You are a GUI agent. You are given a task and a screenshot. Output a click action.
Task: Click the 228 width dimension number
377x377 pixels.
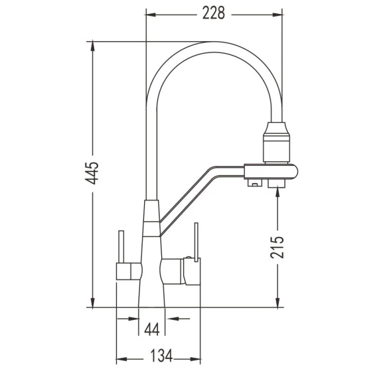[214, 13]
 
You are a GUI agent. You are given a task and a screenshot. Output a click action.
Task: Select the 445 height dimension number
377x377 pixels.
[92, 173]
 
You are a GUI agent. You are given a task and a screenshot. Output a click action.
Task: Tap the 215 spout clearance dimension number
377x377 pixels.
[277, 247]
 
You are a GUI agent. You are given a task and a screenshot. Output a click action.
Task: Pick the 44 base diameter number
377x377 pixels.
[152, 329]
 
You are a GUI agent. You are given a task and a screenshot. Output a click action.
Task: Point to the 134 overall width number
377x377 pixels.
[161, 356]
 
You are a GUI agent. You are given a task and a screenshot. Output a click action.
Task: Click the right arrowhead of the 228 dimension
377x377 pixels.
[277, 15]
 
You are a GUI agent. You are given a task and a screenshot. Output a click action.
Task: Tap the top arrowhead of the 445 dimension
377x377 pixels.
[92, 46]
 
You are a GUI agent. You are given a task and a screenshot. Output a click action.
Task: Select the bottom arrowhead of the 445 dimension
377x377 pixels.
[92, 303]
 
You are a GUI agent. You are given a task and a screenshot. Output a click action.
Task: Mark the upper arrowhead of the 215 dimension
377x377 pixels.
[277, 192]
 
